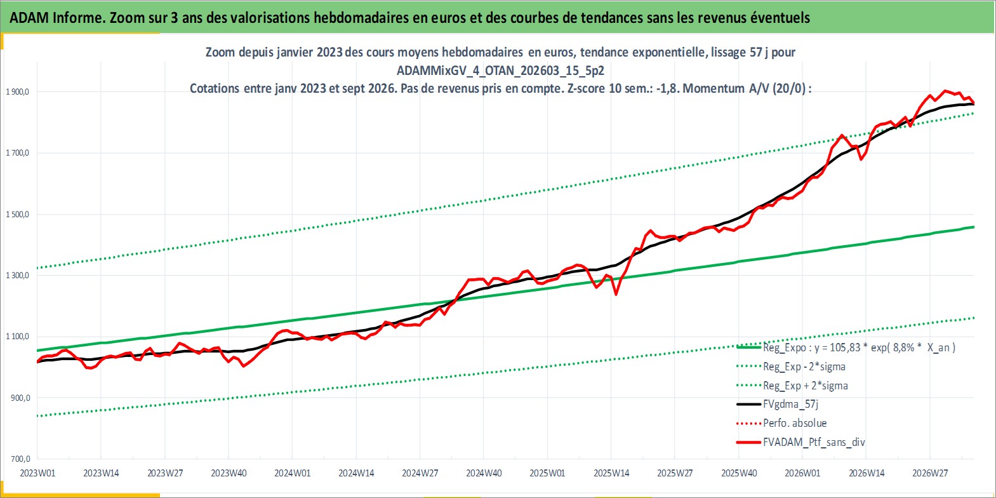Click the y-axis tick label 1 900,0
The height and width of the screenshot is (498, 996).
pyautogui.click(x=17, y=92)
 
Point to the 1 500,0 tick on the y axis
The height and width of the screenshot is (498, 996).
pyautogui.click(x=17, y=215)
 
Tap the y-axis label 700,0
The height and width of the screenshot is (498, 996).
pyautogui.click(x=20, y=459)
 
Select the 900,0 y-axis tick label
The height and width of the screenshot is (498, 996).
pyautogui.click(x=20, y=398)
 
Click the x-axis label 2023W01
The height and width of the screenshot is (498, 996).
pyautogui.click(x=37, y=473)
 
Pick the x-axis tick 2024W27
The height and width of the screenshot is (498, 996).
pyautogui.click(x=420, y=473)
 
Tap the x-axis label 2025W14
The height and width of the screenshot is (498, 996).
pyautogui.click(x=611, y=473)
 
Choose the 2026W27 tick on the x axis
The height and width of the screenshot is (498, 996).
pyautogui.click(x=930, y=473)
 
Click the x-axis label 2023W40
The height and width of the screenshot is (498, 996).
pyautogui.click(x=229, y=473)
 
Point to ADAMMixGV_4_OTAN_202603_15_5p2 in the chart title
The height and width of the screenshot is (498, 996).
pyautogui.click(x=500, y=71)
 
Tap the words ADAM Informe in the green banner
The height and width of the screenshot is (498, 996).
pyautogui.click(x=57, y=18)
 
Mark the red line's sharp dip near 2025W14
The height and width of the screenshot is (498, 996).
pyautogui.click(x=616, y=294)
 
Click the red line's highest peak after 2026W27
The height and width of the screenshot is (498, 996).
pyautogui.click(x=945, y=91)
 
